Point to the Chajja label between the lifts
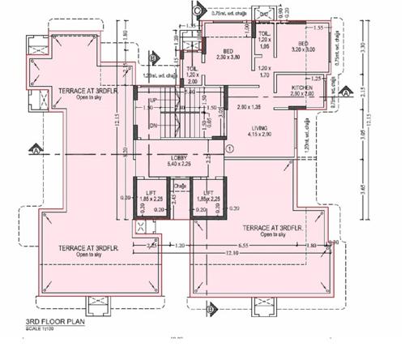(x=180, y=185)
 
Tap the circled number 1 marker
(x=230, y=148)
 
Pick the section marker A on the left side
(x=34, y=148)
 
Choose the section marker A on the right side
(x=347, y=93)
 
